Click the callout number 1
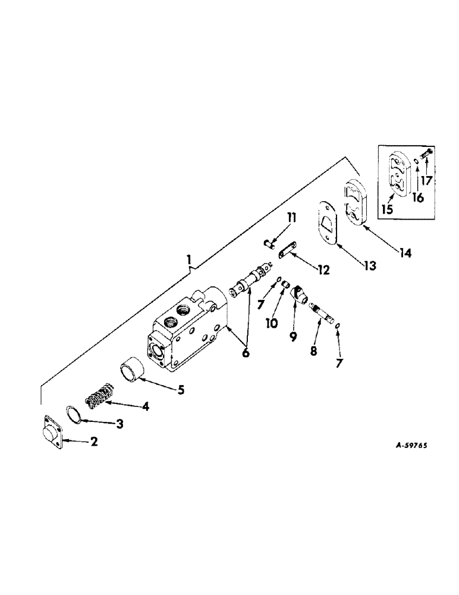pyautogui.click(x=188, y=259)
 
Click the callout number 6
pyautogui.click(x=246, y=352)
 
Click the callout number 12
pyautogui.click(x=322, y=270)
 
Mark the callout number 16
pyautogui.click(x=418, y=198)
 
